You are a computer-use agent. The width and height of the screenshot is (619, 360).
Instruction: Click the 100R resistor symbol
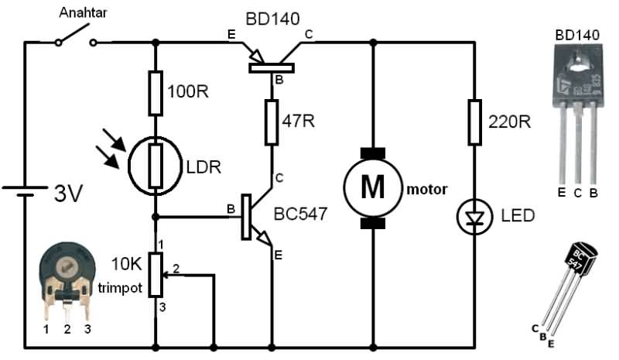click(156, 93)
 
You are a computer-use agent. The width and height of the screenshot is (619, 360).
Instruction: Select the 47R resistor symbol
click(272, 122)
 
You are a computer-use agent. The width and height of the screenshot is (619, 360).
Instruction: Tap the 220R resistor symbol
click(474, 122)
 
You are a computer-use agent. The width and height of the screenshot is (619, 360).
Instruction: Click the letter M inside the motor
click(373, 186)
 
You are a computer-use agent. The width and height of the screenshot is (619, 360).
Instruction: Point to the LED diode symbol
click(474, 217)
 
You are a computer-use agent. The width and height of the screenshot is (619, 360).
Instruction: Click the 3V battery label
click(68, 194)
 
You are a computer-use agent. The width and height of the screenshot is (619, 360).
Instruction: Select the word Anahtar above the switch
click(83, 12)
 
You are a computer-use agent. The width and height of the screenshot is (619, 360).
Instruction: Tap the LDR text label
click(203, 167)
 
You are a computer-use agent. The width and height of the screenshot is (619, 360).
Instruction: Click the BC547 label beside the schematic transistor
click(300, 214)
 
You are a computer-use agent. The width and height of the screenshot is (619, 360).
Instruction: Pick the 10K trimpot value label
click(126, 264)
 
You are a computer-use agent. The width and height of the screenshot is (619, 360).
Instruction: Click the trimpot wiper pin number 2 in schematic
click(176, 269)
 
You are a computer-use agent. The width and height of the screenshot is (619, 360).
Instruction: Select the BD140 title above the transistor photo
click(577, 35)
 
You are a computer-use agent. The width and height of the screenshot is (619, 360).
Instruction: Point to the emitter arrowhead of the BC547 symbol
click(265, 238)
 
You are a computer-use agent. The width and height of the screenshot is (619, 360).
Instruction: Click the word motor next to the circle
click(427, 189)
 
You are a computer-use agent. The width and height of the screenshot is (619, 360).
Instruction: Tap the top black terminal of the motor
click(373, 153)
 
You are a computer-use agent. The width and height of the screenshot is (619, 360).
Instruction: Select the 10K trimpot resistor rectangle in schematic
click(156, 275)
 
